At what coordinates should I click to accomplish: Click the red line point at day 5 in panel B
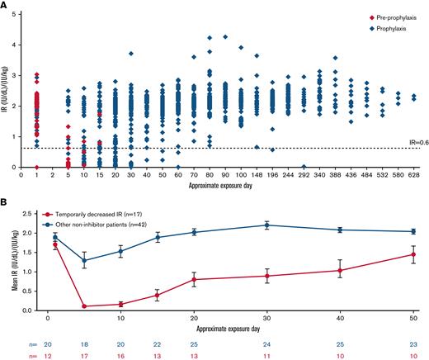pos(83,306)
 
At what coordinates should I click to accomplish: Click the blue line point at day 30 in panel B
pos(266,225)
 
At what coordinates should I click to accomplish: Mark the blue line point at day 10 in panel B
pos(120,251)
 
